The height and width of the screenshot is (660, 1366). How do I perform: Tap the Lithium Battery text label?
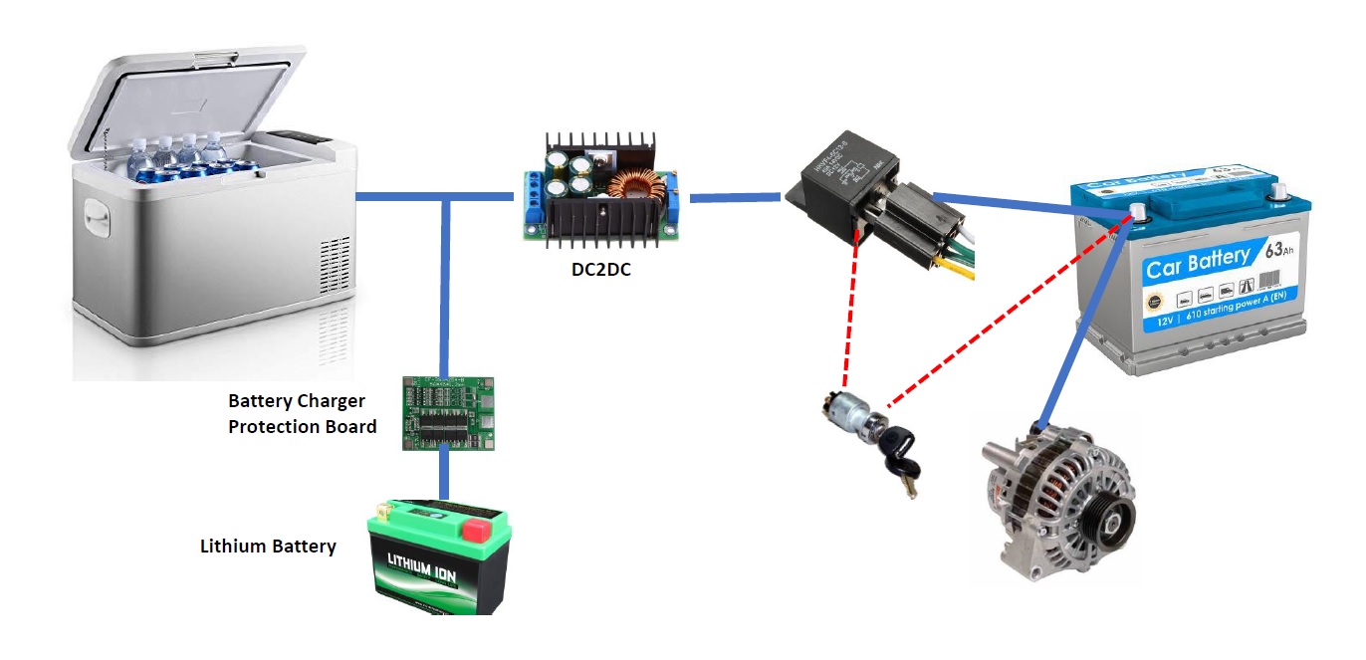(268, 547)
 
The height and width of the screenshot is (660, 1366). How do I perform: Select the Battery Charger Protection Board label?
(302, 414)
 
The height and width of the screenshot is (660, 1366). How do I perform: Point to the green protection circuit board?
(448, 413)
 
